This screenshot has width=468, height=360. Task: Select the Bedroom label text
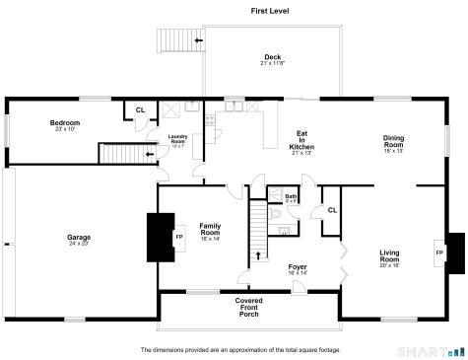65,125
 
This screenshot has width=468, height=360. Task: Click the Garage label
79,239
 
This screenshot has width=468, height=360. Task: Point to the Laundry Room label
177,140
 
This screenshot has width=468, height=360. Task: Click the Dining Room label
394,144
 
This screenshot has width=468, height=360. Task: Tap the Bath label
292,198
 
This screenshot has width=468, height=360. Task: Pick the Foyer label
298,269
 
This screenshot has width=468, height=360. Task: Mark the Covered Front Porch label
248,307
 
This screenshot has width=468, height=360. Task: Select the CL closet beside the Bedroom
139,110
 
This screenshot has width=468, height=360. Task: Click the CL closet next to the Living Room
331,210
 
